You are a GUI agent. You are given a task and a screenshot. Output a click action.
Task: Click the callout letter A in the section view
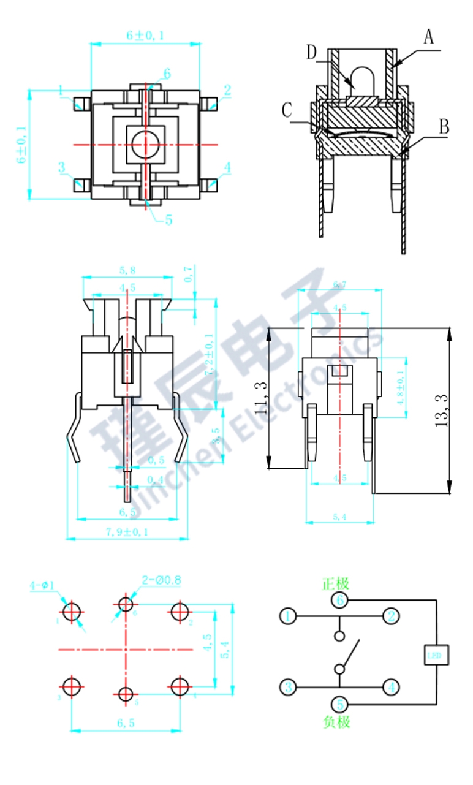(429, 37)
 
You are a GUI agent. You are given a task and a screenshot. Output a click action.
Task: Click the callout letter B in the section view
(444, 127)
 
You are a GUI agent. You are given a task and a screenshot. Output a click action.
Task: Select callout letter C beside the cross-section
(286, 110)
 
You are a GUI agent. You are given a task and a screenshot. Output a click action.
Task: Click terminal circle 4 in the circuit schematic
(391, 687)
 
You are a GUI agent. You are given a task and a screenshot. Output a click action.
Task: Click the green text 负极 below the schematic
(336, 722)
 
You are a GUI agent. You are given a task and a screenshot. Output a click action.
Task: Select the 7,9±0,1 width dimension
(127, 531)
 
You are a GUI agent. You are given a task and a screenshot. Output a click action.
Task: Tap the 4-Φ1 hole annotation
(42, 586)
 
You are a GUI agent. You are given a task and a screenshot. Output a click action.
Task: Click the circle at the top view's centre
(145, 145)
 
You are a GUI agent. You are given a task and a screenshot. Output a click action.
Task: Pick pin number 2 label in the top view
(227, 91)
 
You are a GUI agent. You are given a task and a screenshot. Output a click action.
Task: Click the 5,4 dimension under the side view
(339, 517)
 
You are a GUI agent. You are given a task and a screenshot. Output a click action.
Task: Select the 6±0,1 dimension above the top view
(145, 36)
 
